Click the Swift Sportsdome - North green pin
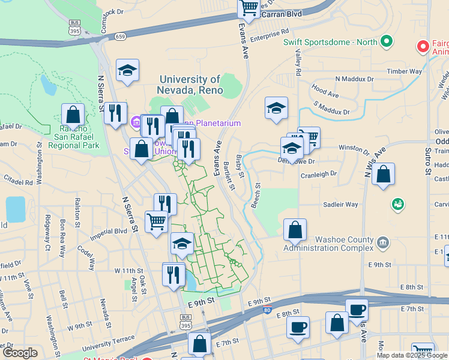387,41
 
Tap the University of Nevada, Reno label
190,85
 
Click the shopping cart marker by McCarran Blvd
249,8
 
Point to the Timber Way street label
404,71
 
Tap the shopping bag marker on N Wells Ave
383,175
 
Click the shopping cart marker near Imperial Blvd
157,221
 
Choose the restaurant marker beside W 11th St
173,274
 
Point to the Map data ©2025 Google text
412,355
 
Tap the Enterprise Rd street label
270,37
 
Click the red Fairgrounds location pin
423,46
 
